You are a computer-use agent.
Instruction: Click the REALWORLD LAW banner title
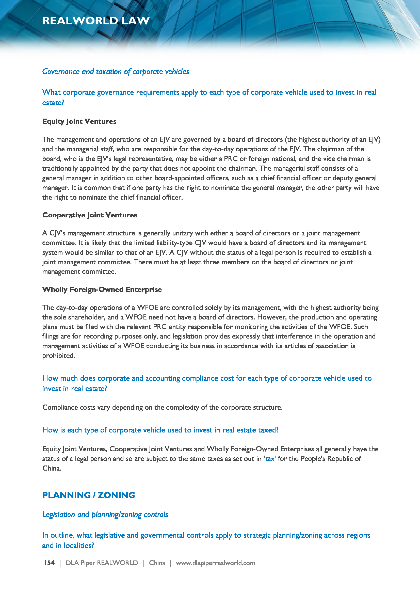[x=96, y=21]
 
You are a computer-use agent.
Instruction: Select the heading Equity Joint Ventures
[x=79, y=121]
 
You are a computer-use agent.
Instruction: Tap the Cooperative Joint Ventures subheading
[x=89, y=215]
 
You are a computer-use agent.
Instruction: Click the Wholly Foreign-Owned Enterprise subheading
[x=102, y=289]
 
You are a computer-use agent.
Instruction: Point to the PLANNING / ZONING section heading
[x=88, y=495]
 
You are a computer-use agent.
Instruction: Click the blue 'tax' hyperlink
[x=269, y=459]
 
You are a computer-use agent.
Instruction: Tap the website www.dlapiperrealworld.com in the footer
[x=215, y=563]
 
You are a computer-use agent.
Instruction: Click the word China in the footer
[x=157, y=563]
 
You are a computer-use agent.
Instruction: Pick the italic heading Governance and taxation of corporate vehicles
[x=116, y=72]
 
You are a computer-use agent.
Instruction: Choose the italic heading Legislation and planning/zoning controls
[x=105, y=514]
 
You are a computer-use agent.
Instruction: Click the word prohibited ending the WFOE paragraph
[x=58, y=356]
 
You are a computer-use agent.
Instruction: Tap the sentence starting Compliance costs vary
[x=162, y=407]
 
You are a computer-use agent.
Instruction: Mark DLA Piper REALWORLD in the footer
[x=102, y=563]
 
